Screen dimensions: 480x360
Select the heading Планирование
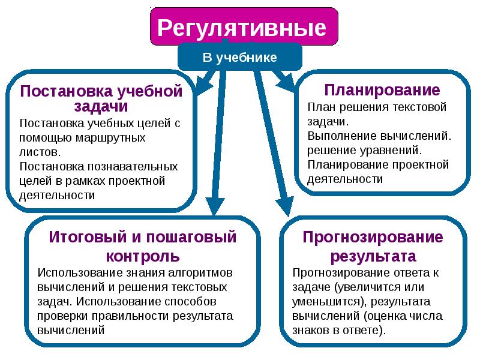382,91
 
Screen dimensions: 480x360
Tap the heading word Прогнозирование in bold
373,237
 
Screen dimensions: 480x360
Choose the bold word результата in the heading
373,256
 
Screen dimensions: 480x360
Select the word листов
39,152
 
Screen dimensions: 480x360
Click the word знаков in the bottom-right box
311,330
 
